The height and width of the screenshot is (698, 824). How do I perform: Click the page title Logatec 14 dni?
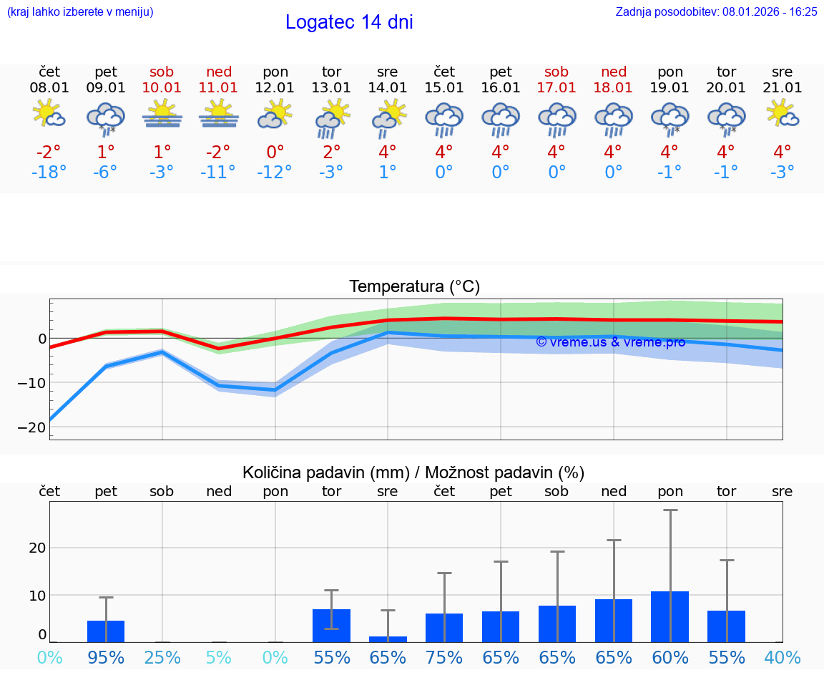[x=349, y=22]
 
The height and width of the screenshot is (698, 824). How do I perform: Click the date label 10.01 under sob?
[x=162, y=88]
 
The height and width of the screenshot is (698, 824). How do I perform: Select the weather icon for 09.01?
[x=105, y=118]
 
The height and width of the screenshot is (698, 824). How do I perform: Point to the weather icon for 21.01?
[x=782, y=113]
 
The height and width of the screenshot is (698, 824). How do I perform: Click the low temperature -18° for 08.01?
[x=49, y=172]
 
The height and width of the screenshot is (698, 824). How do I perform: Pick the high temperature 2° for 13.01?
[x=331, y=152]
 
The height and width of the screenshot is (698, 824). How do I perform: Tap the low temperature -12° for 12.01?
[x=275, y=172]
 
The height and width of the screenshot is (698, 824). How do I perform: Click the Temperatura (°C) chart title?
[x=414, y=287]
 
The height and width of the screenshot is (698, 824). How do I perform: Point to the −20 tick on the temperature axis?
[x=33, y=427]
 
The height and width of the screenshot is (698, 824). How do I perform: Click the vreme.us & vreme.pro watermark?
[x=610, y=342]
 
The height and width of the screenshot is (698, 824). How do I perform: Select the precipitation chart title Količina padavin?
[x=413, y=472]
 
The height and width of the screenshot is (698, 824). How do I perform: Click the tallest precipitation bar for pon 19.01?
[x=669, y=616]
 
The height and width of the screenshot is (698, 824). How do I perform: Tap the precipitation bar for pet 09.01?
[x=106, y=631]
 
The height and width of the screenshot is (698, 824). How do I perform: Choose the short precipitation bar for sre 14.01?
[x=388, y=639]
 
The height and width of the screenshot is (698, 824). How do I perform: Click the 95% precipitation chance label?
[x=106, y=657]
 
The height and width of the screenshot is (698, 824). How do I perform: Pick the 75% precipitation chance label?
[x=444, y=657]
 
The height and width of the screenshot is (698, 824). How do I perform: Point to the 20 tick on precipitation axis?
[x=37, y=548]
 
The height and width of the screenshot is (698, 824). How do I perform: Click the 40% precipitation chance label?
[x=782, y=657]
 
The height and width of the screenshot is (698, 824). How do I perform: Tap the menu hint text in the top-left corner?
[x=80, y=12]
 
